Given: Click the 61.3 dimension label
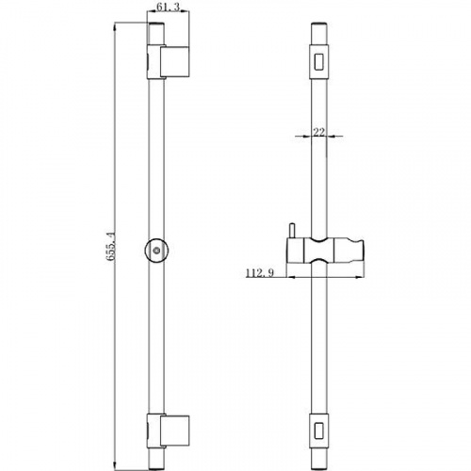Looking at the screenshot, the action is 168,7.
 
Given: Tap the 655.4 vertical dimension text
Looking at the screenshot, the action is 110,246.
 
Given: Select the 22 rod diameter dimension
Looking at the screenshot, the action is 319,132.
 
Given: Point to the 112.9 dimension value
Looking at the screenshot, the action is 259,273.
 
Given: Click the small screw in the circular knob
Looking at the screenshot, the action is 156,251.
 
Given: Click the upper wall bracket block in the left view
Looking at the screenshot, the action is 174,61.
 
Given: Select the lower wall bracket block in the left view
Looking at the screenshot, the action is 174,430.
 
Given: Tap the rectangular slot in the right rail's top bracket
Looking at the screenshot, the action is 319,61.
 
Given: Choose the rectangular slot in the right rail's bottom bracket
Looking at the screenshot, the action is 319,430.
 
